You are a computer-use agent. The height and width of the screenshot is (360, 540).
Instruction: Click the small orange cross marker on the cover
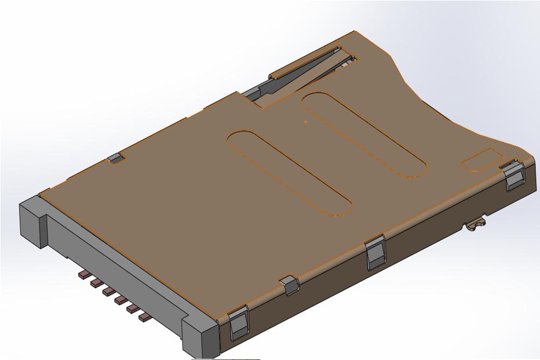305,122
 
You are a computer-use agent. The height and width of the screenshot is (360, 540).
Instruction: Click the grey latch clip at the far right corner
513,176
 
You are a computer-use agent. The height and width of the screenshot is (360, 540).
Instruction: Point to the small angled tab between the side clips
289,284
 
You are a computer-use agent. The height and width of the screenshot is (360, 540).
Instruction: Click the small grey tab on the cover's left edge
116,158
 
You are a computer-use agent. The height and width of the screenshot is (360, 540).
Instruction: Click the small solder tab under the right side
476,223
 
